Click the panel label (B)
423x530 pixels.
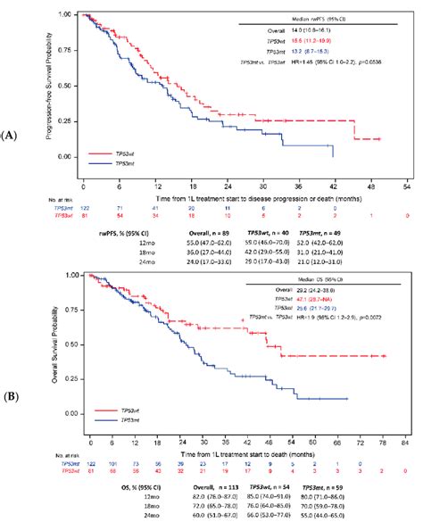(11, 394)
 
